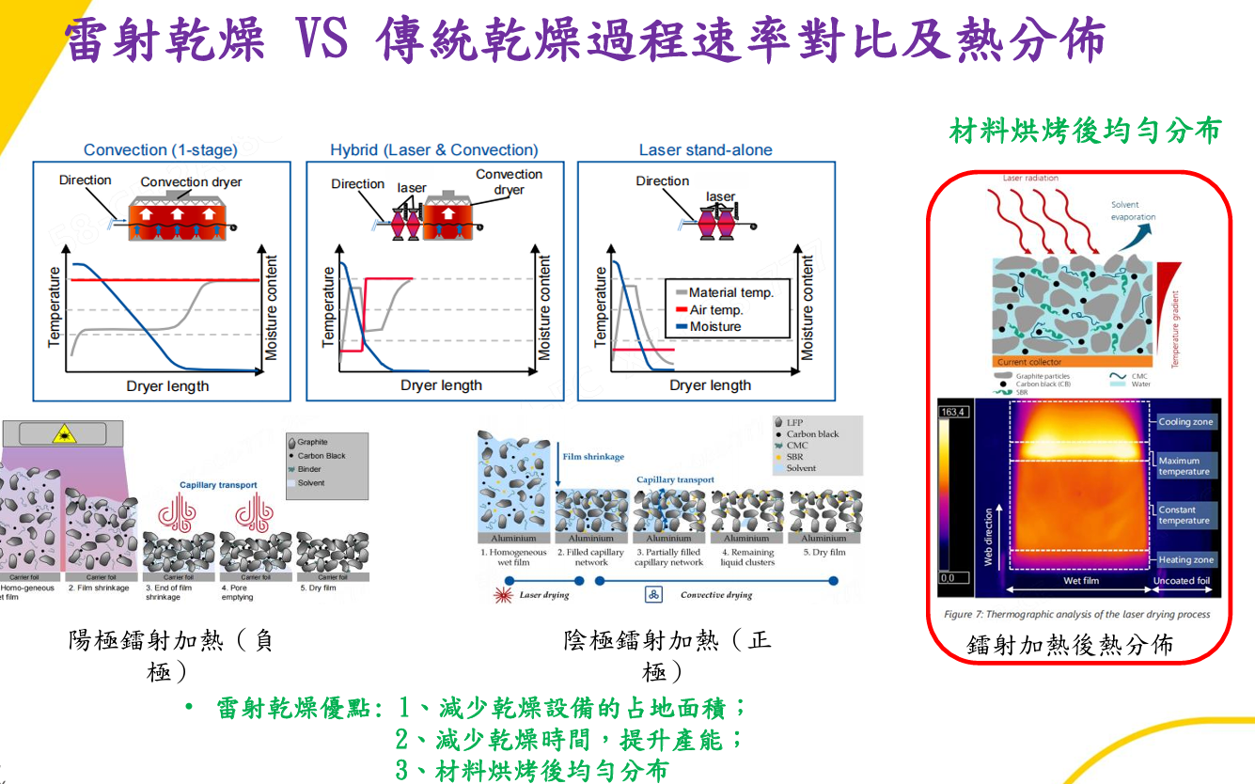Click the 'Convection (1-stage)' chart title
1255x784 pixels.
(x=160, y=149)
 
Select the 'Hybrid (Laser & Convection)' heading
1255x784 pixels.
(x=433, y=149)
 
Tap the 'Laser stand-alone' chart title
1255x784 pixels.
(x=705, y=149)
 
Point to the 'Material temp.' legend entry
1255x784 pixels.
(x=730, y=292)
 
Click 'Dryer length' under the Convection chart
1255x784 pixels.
(x=167, y=385)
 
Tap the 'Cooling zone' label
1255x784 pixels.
(x=1185, y=422)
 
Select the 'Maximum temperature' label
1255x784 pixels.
(x=1184, y=466)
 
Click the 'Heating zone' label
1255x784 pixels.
(x=1185, y=559)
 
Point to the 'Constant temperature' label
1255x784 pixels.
(x=1184, y=515)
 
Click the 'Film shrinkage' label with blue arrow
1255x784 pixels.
(x=593, y=457)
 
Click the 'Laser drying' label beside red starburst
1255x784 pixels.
(x=544, y=594)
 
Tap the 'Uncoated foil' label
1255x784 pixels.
(x=1183, y=581)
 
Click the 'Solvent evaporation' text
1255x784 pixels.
(x=1132, y=211)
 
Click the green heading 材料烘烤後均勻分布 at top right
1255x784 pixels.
(x=1084, y=130)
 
